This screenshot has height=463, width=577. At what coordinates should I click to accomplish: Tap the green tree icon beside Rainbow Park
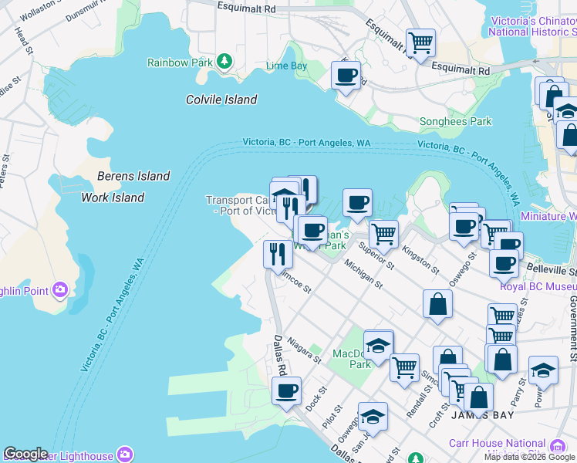coord(224,60)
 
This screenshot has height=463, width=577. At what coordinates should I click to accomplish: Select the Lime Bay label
coord(286,66)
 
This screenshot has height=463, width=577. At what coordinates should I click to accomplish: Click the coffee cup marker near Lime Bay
coord(345,76)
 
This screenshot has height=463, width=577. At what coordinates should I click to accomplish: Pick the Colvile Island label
coord(221,100)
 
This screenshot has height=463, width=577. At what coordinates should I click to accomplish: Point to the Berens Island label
coord(133,176)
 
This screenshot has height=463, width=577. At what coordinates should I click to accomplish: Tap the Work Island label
coord(113,198)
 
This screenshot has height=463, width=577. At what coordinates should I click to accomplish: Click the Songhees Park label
coord(455,121)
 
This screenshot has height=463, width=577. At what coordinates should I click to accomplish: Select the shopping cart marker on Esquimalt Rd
coord(420,42)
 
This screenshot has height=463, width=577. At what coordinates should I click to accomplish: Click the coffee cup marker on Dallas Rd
coord(287,390)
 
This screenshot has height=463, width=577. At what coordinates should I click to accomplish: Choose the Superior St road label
coord(376,256)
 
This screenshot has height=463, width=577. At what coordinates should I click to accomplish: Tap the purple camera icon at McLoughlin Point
coord(59,290)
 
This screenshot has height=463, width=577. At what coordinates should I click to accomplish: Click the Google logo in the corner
coord(25,454)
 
